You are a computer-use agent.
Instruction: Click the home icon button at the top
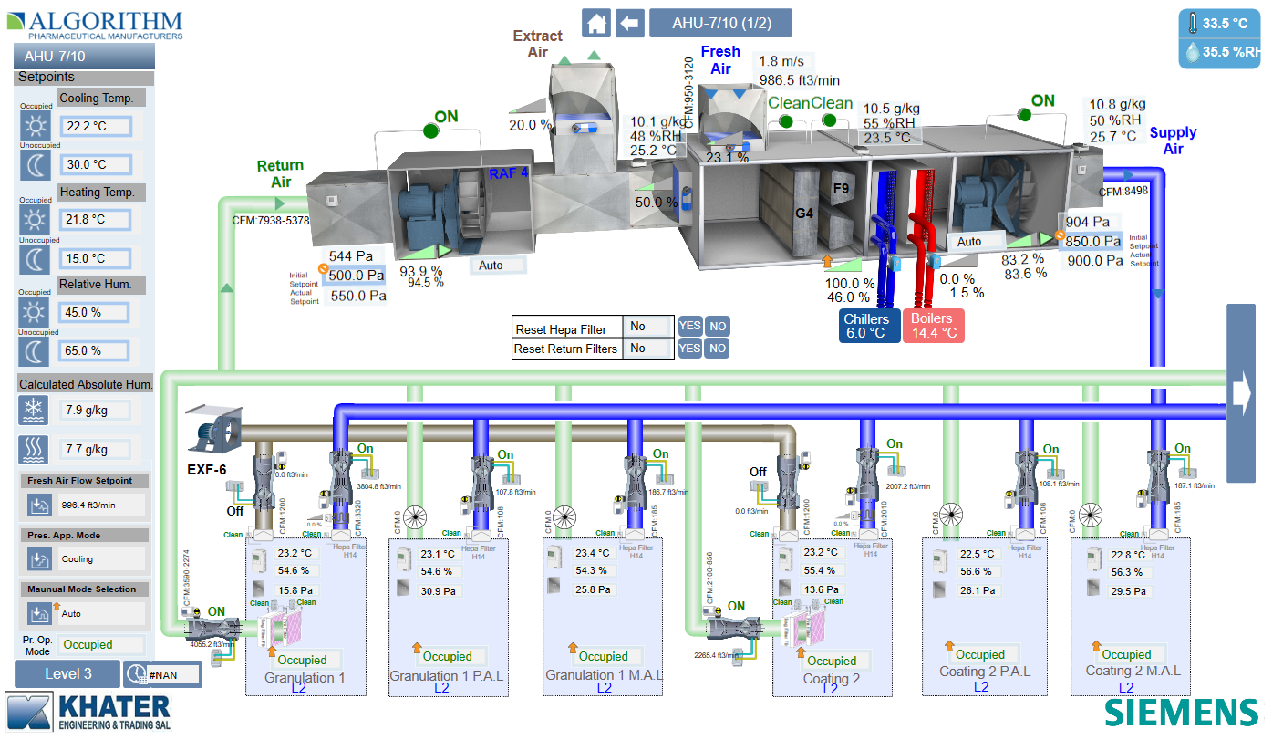(597, 23)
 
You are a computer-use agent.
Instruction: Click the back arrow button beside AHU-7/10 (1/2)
(630, 23)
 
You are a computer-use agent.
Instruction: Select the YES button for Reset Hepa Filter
(690, 327)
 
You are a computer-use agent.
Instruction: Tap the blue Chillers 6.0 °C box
(865, 326)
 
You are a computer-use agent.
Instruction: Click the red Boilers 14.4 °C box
(932, 326)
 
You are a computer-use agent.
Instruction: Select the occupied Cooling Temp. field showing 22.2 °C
(96, 126)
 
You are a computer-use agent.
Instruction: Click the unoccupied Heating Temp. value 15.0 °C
(95, 259)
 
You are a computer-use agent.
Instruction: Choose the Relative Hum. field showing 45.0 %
(95, 312)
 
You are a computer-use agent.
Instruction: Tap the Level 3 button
(67, 674)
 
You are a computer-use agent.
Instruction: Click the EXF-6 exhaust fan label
(207, 471)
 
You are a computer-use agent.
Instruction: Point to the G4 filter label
(803, 214)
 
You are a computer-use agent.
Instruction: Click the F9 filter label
(841, 188)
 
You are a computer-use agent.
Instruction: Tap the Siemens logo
(1182, 712)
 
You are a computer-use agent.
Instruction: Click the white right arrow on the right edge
(1240, 392)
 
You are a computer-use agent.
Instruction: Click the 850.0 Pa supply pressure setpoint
(1092, 242)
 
